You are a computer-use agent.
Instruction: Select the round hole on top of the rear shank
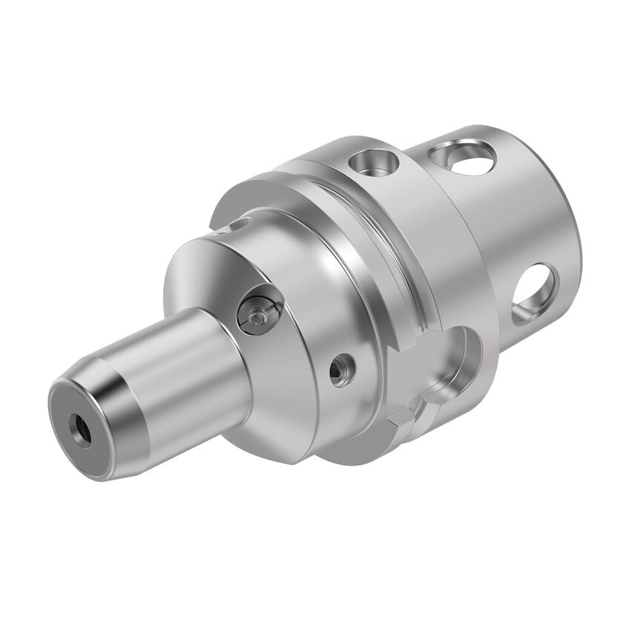[x=461, y=156]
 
